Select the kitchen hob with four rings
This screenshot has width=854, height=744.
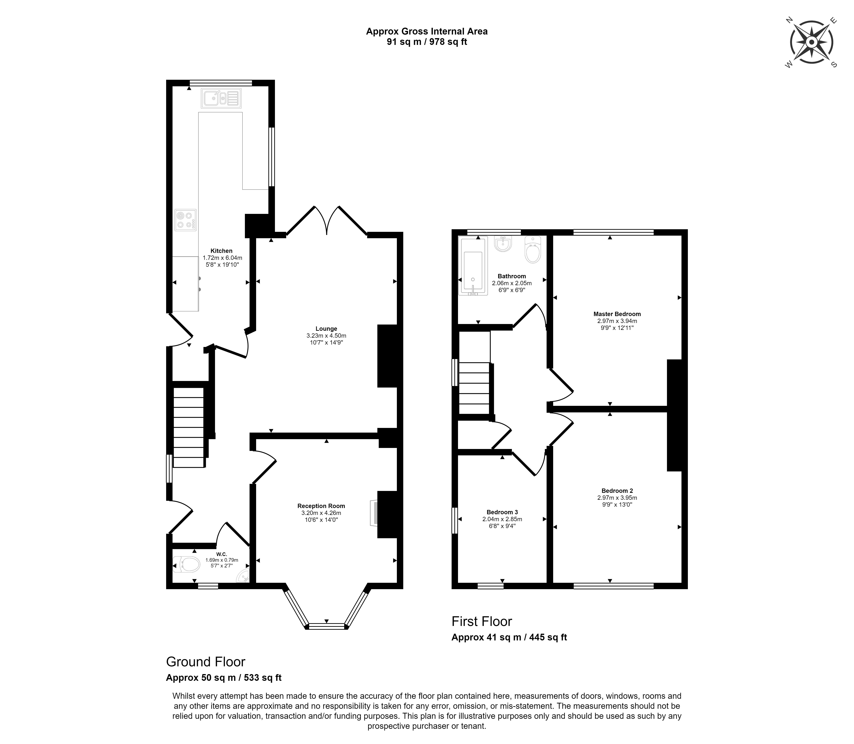pos(185,220)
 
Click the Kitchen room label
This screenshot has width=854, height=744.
pos(221,251)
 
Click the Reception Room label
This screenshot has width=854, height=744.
pos(321,506)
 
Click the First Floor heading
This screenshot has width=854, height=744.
pos(482,621)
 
